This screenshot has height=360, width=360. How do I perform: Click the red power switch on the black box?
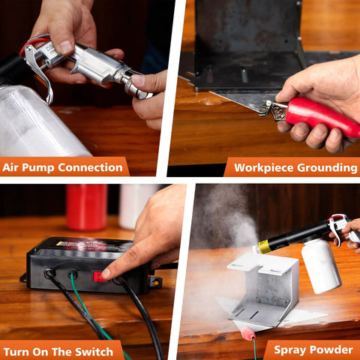click(x=98, y=276)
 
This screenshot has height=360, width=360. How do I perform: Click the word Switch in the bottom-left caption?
click(x=93, y=351)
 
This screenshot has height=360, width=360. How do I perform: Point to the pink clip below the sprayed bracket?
click(x=244, y=327)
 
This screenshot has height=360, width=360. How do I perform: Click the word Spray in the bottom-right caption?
click(x=289, y=350)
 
